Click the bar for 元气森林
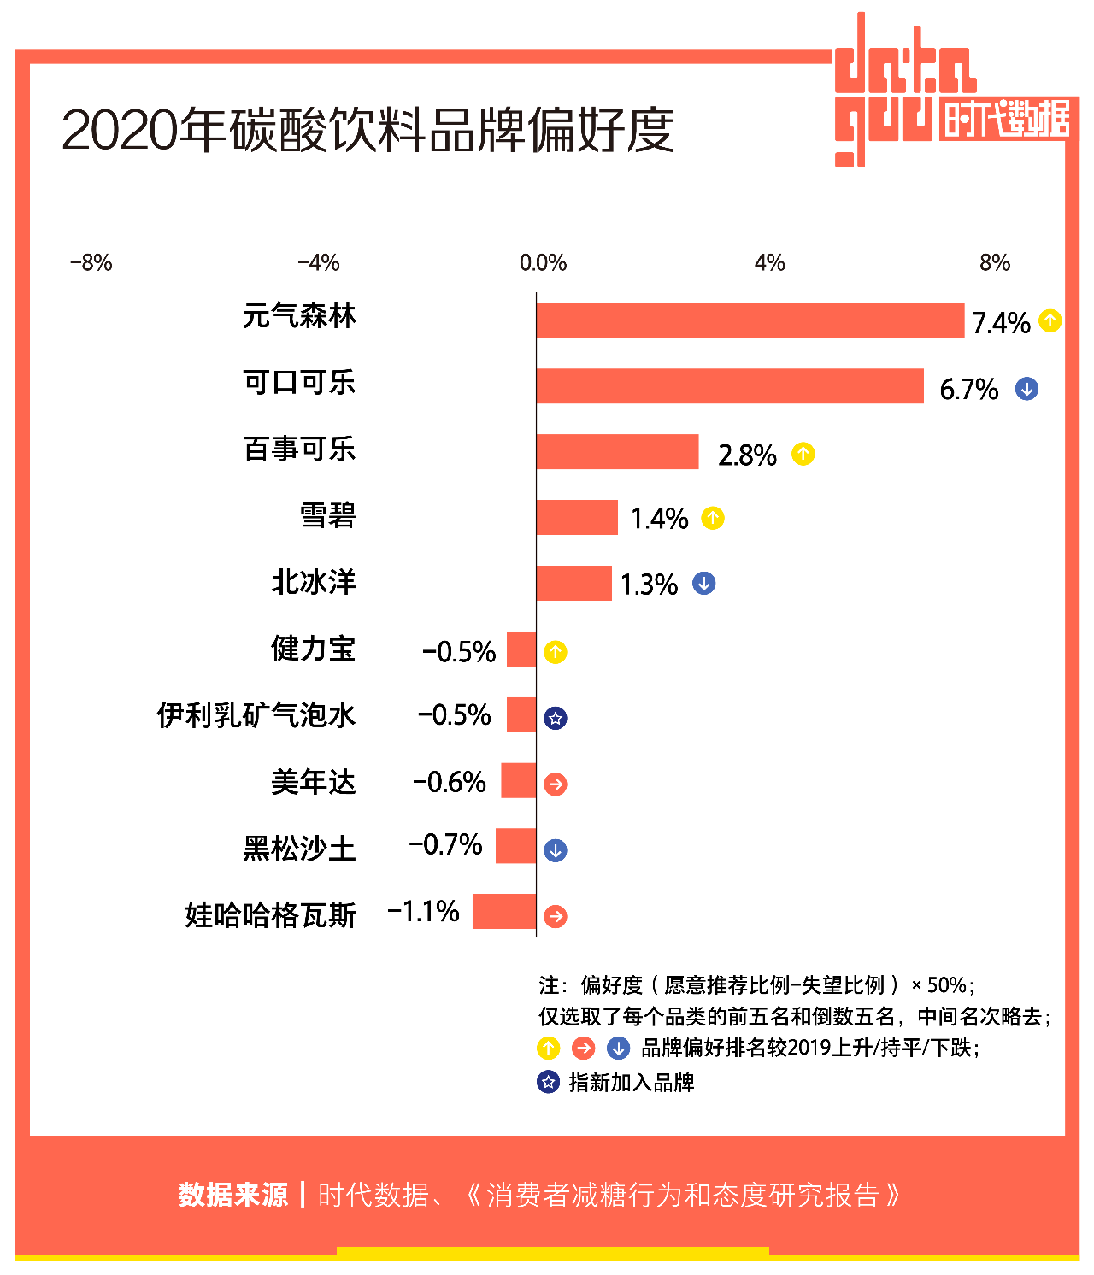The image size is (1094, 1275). (750, 320)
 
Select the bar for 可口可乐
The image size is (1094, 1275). (730, 386)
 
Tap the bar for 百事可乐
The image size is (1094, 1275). (617, 452)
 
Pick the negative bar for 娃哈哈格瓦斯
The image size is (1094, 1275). (504, 912)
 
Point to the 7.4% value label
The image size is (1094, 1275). (1001, 323)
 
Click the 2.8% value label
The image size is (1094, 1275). (747, 455)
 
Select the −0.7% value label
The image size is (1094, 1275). (445, 845)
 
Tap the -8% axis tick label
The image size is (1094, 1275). (91, 262)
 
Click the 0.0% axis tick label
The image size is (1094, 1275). (543, 262)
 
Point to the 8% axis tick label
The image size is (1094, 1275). (995, 262)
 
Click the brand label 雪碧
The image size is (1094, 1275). (327, 516)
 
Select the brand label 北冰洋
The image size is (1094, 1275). (314, 583)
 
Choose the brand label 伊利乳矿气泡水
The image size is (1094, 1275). (256, 715)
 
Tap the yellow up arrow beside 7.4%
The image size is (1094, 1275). (1050, 321)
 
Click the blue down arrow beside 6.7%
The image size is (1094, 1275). (1026, 389)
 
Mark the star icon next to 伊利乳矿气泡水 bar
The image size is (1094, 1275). (556, 719)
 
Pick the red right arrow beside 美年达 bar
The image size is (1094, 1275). (556, 784)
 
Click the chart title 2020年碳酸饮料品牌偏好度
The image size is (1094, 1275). (368, 131)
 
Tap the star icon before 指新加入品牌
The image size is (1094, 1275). (548, 1082)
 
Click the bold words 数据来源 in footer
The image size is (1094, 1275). (233, 1195)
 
